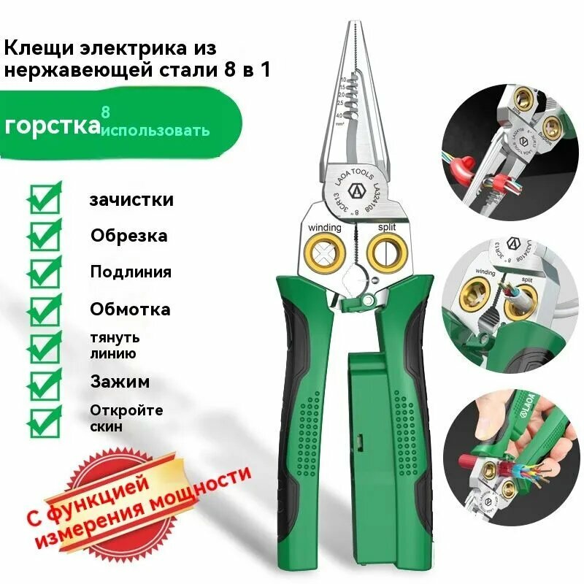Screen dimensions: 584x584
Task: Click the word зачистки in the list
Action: pyautogui.click(x=131, y=199)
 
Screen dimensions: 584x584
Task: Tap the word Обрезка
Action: pyautogui.click(x=128, y=236)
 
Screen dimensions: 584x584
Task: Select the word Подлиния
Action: pyautogui.click(x=131, y=272)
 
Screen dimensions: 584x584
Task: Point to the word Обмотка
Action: pyautogui.click(x=130, y=309)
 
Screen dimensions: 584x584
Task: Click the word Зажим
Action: pyautogui.click(x=120, y=380)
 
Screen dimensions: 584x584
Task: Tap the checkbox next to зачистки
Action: pyautogui.click(x=45, y=198)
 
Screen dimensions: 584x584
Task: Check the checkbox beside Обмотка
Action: pyautogui.click(x=45, y=307)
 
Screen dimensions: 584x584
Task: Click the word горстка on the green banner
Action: pyautogui.click(x=52, y=125)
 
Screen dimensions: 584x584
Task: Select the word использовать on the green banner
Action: pyautogui.click(x=155, y=131)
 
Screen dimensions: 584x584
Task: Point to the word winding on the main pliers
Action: pyautogui.click(x=323, y=228)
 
